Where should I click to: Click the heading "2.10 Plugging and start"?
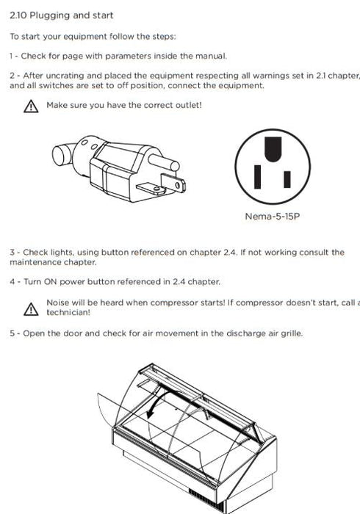pyautogui.click(x=61, y=15)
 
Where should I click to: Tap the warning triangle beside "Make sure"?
pyautogui.click(x=31, y=106)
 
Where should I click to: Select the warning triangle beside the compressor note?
pyautogui.click(x=31, y=309)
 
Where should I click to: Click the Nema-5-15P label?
pyautogui.click(x=272, y=217)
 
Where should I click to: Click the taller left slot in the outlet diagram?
pyautogui.click(x=258, y=177)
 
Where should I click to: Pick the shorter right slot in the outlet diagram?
pyautogui.click(x=287, y=179)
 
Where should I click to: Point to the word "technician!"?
pyautogui.click(x=68, y=312)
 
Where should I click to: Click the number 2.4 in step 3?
pyautogui.click(x=230, y=253)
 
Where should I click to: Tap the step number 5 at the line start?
pyautogui.click(x=12, y=333)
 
